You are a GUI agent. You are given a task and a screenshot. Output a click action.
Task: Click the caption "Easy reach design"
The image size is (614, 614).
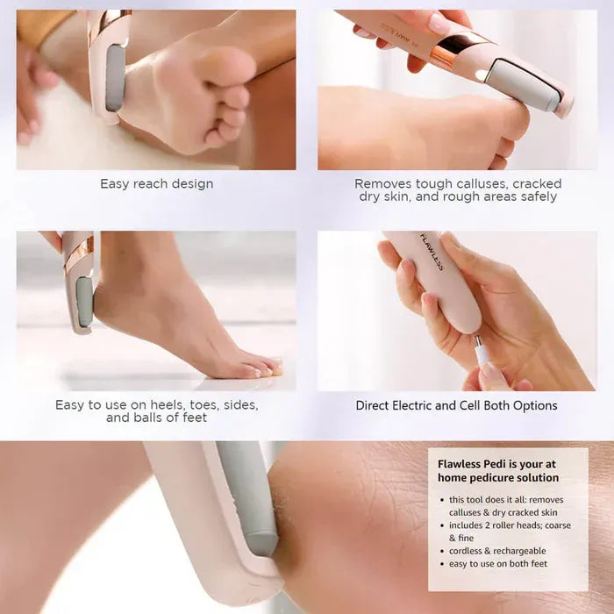[156, 184]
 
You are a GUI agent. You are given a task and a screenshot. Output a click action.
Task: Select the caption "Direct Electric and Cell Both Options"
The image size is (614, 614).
[456, 405]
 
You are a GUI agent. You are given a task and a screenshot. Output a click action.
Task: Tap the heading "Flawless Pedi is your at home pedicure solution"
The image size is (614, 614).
[498, 470]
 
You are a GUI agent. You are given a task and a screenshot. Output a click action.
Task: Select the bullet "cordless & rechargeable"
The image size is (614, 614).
[496, 551]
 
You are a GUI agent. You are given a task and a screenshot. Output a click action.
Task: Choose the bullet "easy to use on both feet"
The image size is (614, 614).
[497, 563]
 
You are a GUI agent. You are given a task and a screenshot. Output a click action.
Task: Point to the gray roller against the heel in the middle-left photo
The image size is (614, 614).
[84, 302]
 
